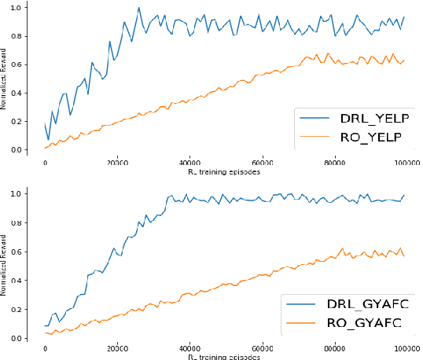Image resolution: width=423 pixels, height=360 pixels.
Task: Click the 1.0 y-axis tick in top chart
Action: pos(28,6)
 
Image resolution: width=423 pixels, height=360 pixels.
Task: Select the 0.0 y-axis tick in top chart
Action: pos(28,149)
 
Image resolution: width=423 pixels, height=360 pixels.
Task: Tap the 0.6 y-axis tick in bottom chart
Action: pos(28,252)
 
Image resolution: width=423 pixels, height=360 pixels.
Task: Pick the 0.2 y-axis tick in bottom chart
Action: pos(28,309)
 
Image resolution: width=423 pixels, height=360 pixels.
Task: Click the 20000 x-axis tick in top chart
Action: pos(118,163)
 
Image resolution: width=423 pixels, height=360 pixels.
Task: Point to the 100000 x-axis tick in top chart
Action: pos(406,163)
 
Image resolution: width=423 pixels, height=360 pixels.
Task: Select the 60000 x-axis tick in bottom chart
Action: pos(262,349)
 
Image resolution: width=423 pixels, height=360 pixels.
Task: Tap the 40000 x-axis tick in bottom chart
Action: pos(189,349)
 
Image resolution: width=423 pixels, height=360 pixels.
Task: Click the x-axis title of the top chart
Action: pos(224,171)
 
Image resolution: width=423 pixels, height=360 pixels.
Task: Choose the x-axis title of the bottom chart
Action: pos(224,358)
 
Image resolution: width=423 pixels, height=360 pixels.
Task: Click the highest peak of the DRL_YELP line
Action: pos(138,8)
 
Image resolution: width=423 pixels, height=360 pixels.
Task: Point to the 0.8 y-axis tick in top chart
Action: pos(28,35)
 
